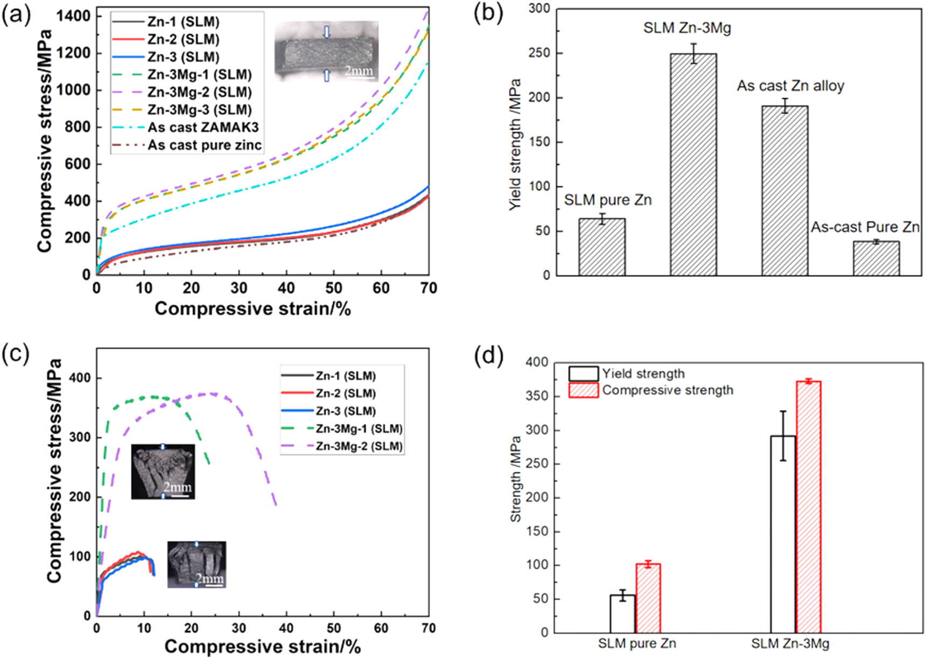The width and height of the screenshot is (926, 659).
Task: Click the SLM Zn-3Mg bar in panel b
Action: [x=693, y=164]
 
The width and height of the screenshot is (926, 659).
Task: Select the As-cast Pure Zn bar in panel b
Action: [x=876, y=258]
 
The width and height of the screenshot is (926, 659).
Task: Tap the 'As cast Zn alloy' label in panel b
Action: [x=790, y=86]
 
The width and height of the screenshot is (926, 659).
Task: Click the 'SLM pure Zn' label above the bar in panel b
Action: [x=608, y=200]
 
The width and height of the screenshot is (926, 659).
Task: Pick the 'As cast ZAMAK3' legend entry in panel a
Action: [x=203, y=128]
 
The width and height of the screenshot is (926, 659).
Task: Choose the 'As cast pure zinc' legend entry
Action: [x=205, y=145]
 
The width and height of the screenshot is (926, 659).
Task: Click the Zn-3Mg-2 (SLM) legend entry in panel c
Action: [x=359, y=446]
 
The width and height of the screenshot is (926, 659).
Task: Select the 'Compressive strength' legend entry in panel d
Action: [x=667, y=390]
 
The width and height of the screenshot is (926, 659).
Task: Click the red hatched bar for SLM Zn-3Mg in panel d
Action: [x=808, y=506]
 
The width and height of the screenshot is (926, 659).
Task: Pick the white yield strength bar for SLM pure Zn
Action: [x=622, y=614]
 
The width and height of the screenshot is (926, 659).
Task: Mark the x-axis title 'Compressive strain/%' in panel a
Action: [x=252, y=309]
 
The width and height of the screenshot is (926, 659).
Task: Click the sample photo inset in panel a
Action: [x=326, y=52]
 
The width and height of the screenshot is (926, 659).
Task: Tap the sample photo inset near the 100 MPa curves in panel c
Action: [x=197, y=564]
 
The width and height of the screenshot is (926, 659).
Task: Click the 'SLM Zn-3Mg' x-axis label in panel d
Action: [x=790, y=643]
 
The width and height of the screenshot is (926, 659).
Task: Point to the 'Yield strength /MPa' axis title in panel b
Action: [x=515, y=144]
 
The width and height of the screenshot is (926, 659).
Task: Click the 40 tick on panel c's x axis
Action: [x=286, y=628]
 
